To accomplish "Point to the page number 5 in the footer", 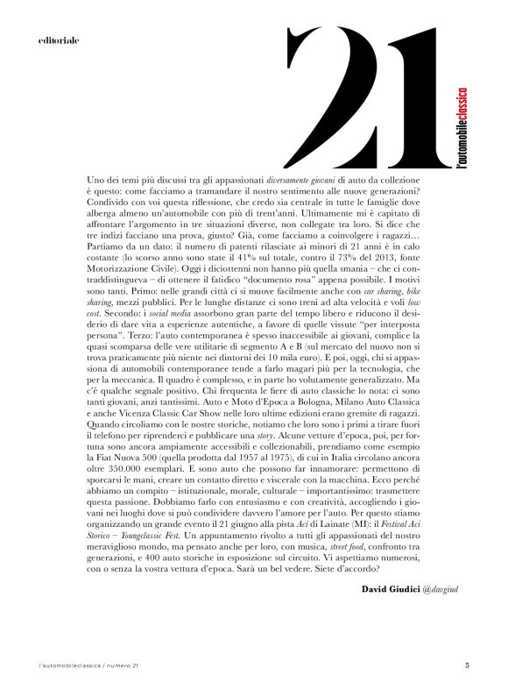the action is pos(467,665).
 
